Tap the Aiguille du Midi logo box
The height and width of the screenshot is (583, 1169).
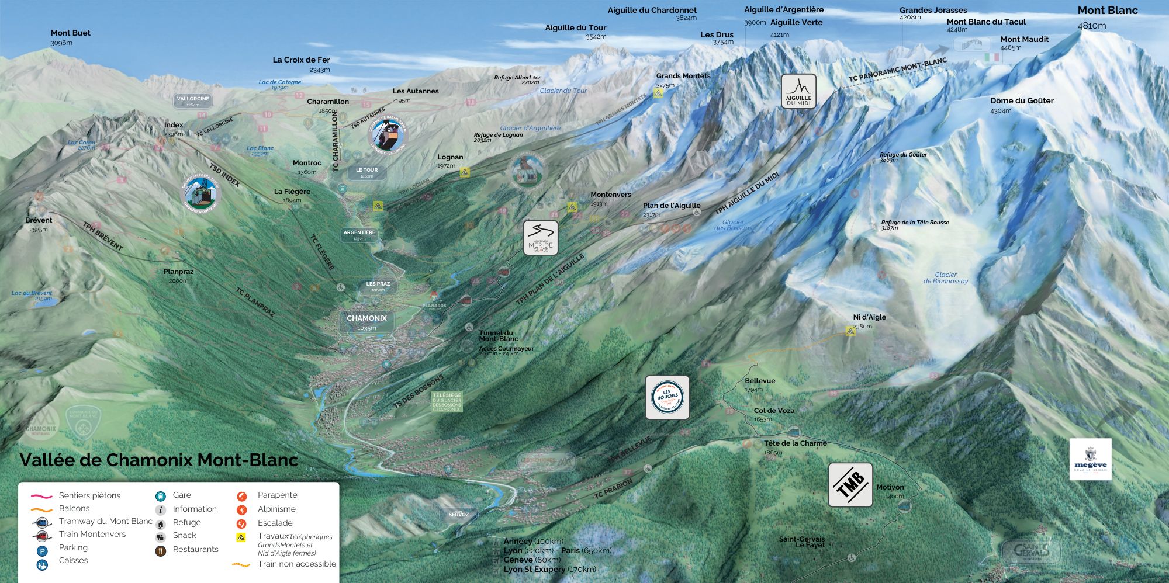pos(798,91)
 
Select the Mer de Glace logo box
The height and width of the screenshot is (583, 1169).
pos(540,238)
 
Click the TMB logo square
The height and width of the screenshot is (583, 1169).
pos(850,485)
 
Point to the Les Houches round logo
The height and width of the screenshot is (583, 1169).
pos(667,397)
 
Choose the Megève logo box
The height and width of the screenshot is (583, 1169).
pos(1090,459)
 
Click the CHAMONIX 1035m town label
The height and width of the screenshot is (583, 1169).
pos(366,321)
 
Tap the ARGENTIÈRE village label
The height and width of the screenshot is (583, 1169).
pos(359,235)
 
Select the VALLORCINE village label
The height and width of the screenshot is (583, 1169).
pos(193,100)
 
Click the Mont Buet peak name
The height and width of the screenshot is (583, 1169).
pos(71,33)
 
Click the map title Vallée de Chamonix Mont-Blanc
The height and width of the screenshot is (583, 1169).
pos(159,460)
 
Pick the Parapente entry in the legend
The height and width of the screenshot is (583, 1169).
pos(277,495)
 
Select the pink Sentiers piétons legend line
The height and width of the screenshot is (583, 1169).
pos(41,496)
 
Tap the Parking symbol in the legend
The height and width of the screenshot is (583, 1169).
pos(41,551)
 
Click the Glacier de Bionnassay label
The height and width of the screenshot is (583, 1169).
pos(945,278)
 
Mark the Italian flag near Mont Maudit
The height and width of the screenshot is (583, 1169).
pos(992,57)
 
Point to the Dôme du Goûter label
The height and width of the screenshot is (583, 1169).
pos(1022,101)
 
